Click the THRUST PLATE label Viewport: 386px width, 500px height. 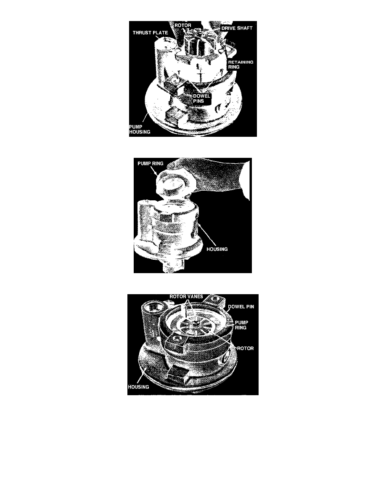(x=150, y=32)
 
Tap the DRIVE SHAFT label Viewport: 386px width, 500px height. (x=237, y=28)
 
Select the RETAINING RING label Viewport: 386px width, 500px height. (x=241, y=64)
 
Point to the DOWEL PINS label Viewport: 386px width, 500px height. (x=201, y=98)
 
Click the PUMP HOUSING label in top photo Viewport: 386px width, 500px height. (x=140, y=129)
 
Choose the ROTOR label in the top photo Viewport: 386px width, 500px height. (x=183, y=25)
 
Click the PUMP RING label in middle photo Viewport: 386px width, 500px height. (x=151, y=163)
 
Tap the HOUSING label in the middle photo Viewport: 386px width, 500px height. (x=217, y=249)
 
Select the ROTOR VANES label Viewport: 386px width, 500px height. (x=186, y=297)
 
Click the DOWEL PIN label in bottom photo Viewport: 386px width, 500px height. (x=241, y=306)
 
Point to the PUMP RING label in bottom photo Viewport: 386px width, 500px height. (x=241, y=325)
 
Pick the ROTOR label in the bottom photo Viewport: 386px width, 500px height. (x=245, y=348)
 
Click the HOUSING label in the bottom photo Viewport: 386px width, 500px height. (x=138, y=387)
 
